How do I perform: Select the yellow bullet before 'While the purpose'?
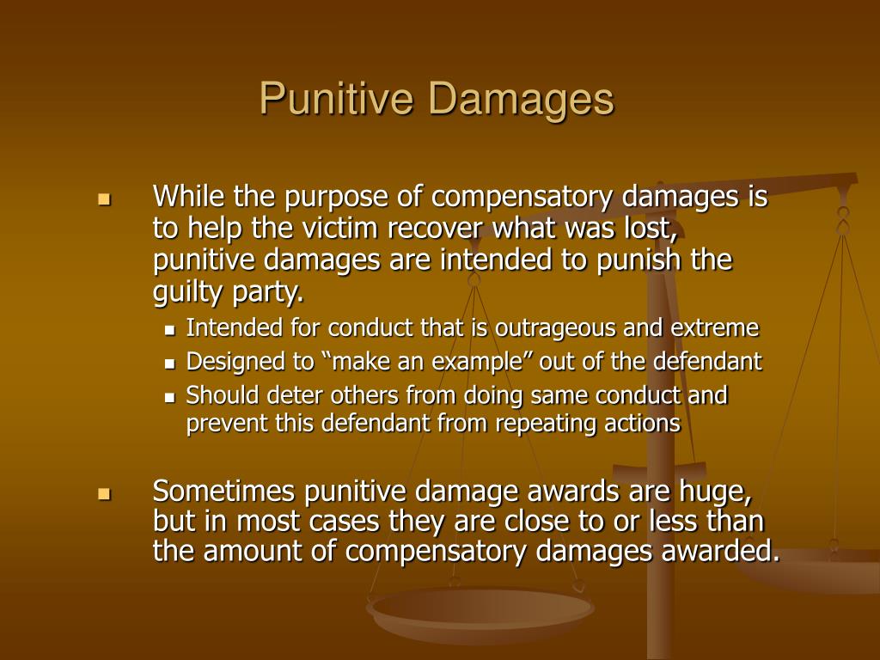[x=105, y=200]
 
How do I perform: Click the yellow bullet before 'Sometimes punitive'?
[x=105, y=494]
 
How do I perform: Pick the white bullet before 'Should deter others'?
[x=170, y=397]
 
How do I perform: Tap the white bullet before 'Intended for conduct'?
[x=170, y=329]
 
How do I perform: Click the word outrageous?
[x=575, y=328]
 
